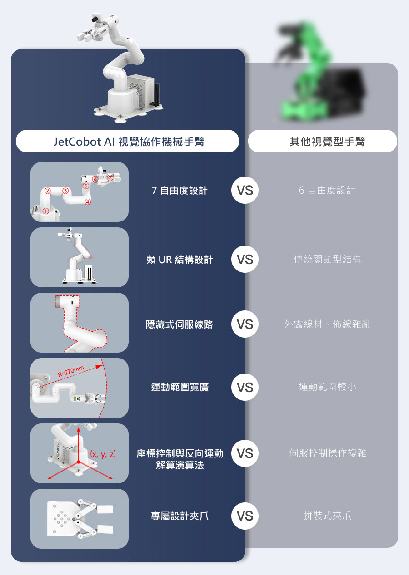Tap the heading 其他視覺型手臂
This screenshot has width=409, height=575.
pyautogui.click(x=327, y=142)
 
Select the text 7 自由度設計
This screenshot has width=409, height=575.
pyautogui.click(x=180, y=191)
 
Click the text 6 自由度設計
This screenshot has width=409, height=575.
pyautogui.click(x=327, y=191)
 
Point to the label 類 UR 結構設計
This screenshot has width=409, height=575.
pyautogui.click(x=180, y=260)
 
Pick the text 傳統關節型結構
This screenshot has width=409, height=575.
pyautogui.click(x=327, y=260)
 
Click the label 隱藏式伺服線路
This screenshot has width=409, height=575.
pyautogui.click(x=180, y=325)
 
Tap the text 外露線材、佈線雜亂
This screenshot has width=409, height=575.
pyautogui.click(x=327, y=325)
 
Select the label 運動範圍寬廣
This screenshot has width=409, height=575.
pyautogui.click(x=180, y=388)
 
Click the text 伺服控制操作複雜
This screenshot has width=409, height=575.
pyautogui.click(x=327, y=453)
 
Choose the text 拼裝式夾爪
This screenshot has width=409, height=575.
pyautogui.click(x=327, y=516)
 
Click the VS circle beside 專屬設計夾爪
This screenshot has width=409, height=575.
pyautogui.click(x=245, y=516)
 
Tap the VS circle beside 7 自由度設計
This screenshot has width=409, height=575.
pyautogui.click(x=245, y=191)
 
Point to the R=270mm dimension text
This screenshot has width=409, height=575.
pyautogui.click(x=71, y=372)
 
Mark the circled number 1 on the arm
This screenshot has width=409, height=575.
pyautogui.click(x=45, y=211)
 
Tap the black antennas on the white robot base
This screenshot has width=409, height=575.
pyautogui.click(x=157, y=95)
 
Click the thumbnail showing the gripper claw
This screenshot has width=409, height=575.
pyautogui.click(x=80, y=518)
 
